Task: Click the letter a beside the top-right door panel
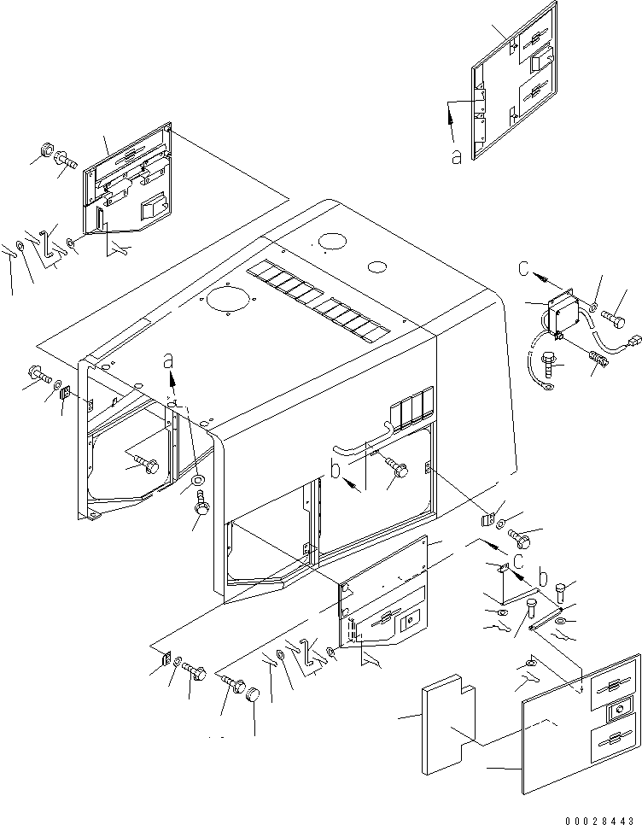456,155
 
